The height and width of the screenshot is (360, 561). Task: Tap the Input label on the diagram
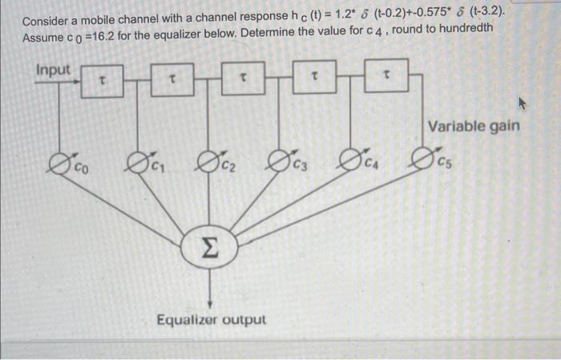[x=53, y=70]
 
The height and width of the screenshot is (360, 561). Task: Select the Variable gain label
[x=474, y=126]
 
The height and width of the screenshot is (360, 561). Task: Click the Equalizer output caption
[x=211, y=320]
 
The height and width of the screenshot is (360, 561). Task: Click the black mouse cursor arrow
[x=525, y=103]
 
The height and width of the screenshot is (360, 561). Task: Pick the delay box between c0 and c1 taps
[x=101, y=80]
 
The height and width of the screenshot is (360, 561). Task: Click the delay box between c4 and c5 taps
[x=386, y=77]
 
